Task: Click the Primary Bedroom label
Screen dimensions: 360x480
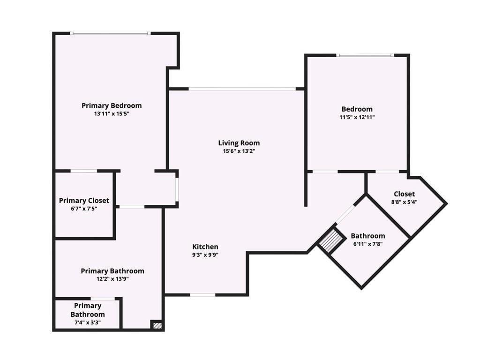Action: [112, 105]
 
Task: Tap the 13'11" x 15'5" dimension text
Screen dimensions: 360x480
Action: [112, 114]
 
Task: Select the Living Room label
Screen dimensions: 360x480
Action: [239, 143]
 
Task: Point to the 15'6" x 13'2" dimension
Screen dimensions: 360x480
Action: [239, 151]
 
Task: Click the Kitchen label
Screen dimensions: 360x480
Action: [205, 247]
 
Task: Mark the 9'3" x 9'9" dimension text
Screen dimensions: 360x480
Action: [205, 255]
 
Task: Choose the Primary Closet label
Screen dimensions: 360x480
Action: [84, 201]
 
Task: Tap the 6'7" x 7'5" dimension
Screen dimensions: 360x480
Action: [84, 209]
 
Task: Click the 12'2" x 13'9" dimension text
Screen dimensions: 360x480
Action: [112, 279]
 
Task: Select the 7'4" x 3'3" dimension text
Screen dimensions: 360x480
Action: [88, 322]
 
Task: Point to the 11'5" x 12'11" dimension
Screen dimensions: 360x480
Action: [357, 117]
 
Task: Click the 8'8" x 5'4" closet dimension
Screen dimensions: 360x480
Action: [404, 202]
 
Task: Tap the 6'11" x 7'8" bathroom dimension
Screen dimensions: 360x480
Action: [368, 244]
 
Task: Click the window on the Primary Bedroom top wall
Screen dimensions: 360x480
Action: [111, 33]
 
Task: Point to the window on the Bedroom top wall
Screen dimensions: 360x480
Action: [365, 55]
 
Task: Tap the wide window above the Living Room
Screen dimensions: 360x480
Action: [242, 89]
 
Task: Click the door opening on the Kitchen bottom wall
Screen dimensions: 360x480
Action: [202, 295]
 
